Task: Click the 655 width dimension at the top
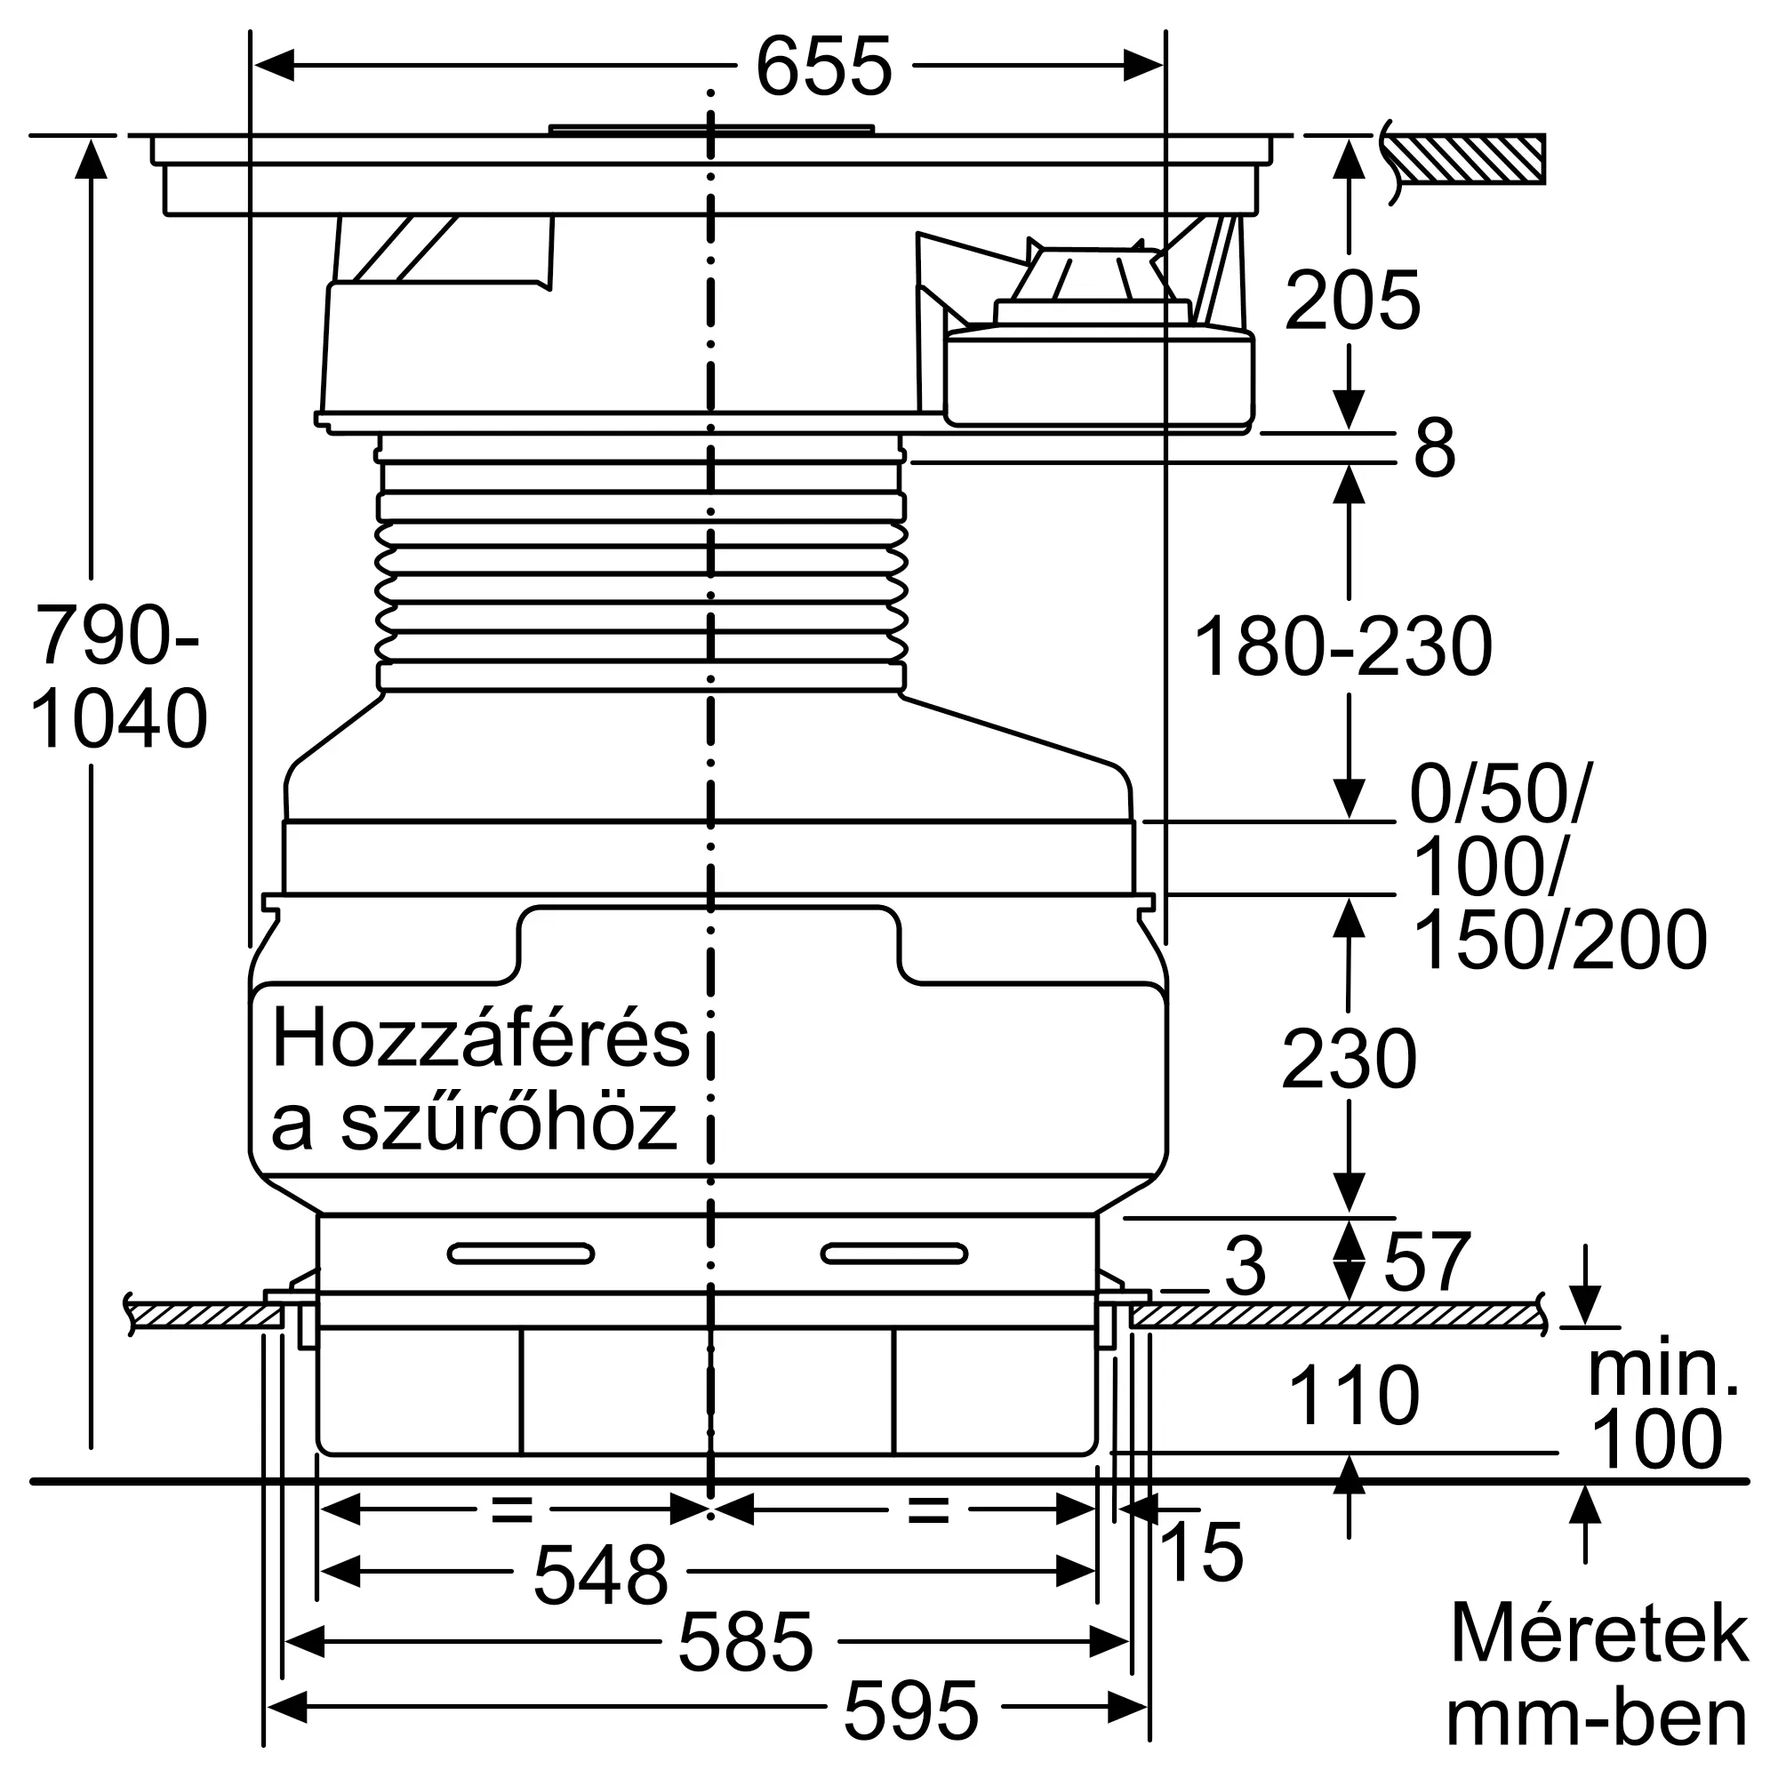[824, 67]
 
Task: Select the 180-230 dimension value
[1342, 648]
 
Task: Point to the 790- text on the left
[116, 635]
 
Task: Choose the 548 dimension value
[600, 1574]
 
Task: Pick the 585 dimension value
[746, 1642]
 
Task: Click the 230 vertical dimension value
[1349, 1061]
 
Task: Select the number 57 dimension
[1427, 1263]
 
